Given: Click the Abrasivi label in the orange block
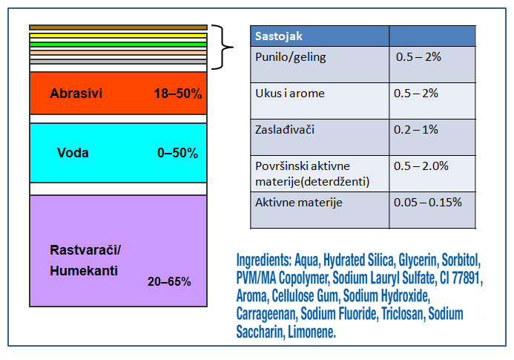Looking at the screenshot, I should (x=76, y=94).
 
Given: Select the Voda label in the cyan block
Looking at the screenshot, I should (x=73, y=153).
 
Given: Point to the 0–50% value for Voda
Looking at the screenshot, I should (x=177, y=153).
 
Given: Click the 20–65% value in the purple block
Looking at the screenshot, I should (x=170, y=281).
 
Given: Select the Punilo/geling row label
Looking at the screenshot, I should (x=289, y=56).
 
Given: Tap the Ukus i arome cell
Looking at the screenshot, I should (x=289, y=94).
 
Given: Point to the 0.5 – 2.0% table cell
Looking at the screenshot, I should (x=422, y=166).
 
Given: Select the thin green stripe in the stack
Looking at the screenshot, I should (x=117, y=44).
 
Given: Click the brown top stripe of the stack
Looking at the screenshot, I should (x=117, y=27).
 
